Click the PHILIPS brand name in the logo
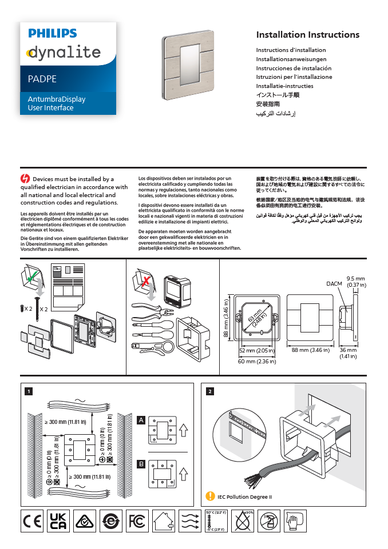point(53,34)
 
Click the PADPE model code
point(42,79)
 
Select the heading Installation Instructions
point(307,35)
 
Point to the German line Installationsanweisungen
point(291,59)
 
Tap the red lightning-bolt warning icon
point(25,179)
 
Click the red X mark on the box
point(147,281)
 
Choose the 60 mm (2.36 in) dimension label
point(256,361)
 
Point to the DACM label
point(334,283)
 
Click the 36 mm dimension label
point(348,350)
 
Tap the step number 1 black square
point(28,391)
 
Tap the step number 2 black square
point(211,391)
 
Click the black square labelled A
point(140,420)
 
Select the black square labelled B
point(140,464)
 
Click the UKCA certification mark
point(58,522)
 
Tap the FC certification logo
point(137,522)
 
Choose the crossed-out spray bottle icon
point(269,522)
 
